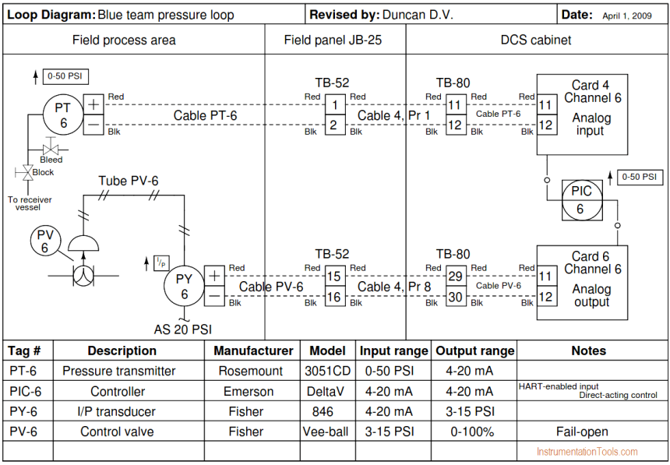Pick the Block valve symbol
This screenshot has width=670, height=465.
coord(28,173)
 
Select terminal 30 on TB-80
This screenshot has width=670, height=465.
coord(456,296)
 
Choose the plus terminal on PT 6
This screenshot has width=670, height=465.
coord(93,104)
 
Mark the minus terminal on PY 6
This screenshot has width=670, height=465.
coord(214,296)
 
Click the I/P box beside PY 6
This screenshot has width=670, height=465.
coord(161,262)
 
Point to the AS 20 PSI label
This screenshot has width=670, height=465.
coord(183,329)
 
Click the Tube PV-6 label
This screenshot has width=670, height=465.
coord(129,181)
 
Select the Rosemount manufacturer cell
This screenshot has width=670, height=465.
coord(251,371)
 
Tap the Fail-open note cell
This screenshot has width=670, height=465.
coord(582,432)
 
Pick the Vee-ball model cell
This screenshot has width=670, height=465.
coord(326,432)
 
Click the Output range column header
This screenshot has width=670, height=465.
coord(475,351)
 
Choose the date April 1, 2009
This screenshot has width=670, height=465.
coord(627,16)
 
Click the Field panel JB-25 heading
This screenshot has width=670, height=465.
coord(333,41)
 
